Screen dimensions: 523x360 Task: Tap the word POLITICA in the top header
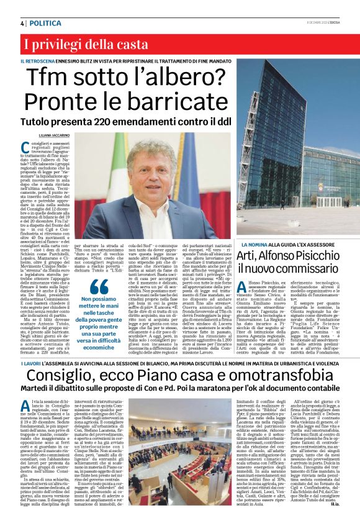46,23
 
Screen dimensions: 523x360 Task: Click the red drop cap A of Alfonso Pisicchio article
243,287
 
